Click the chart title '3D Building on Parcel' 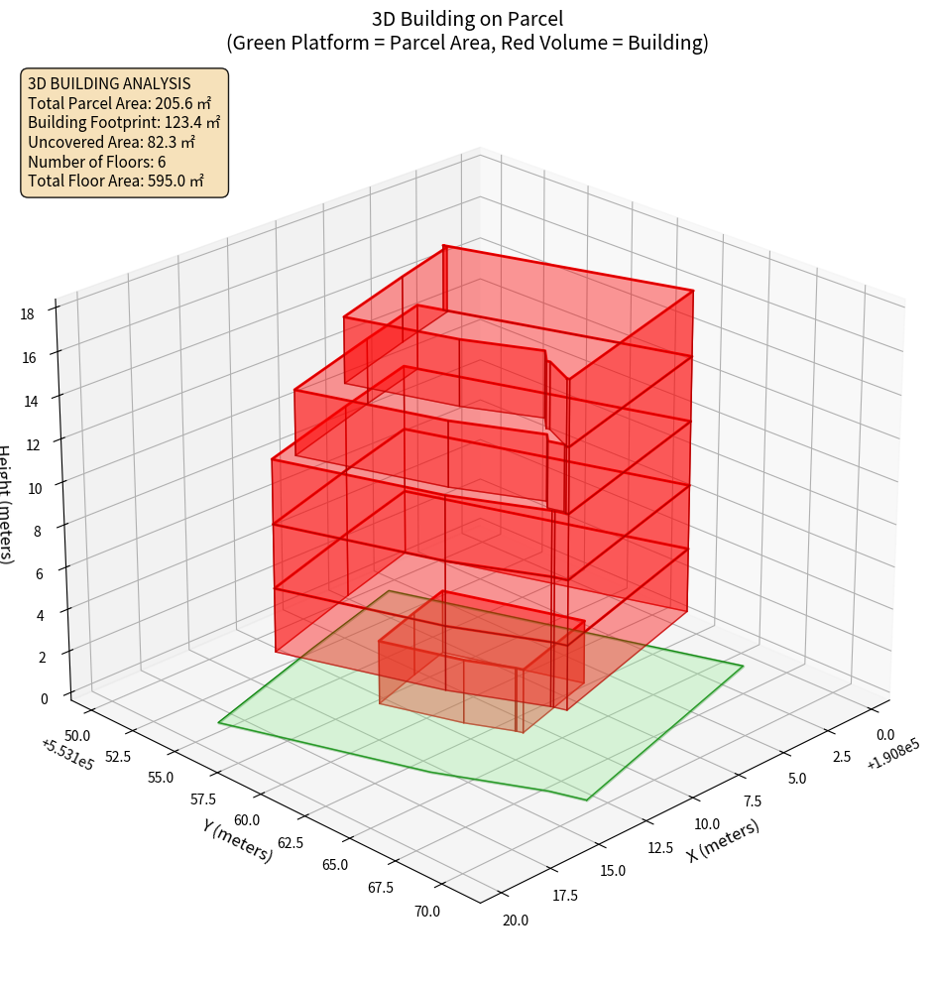point(467,19)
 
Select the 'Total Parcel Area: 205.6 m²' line point(119,103)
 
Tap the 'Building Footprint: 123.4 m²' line point(124,123)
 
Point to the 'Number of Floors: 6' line point(96,162)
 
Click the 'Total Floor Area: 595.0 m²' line point(116,182)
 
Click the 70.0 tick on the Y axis point(427,911)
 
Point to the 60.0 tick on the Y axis point(247,820)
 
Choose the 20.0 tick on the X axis point(516,920)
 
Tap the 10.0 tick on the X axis point(707,823)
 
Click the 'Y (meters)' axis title point(238,840)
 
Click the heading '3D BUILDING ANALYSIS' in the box point(109,83)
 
